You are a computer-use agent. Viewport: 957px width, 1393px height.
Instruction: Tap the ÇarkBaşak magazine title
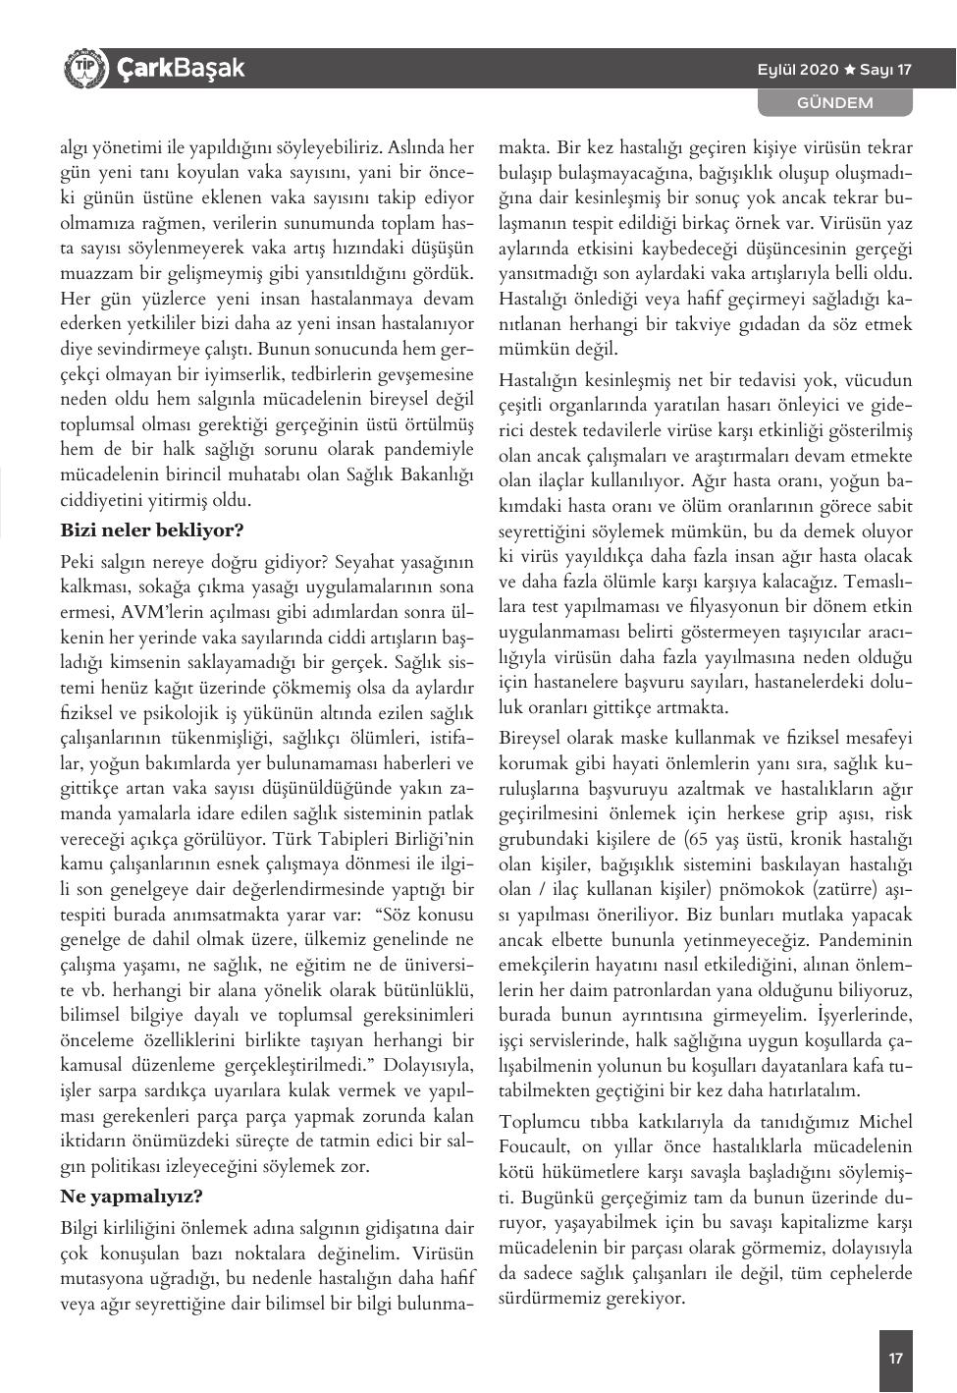coord(181,69)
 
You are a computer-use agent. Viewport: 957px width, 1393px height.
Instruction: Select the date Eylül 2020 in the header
coord(797,70)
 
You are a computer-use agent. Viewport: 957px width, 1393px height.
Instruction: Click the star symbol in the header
coord(850,70)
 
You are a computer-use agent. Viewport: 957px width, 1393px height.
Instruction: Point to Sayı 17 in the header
coord(886,70)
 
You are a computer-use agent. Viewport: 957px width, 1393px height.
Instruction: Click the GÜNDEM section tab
coord(834,102)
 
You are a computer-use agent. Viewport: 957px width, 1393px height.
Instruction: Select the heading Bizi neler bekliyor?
coord(152,530)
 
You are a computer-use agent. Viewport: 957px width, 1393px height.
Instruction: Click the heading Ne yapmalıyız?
coord(132,1197)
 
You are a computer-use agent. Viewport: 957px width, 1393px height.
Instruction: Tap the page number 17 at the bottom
coord(895,1360)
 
